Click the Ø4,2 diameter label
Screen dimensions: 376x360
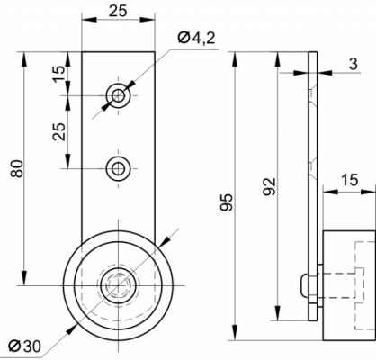coord(196,38)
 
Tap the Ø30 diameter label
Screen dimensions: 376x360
coord(24,346)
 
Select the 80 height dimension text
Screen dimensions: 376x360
coord(17,169)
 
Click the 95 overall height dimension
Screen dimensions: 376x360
coord(227,202)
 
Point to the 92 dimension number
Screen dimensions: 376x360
coord(269,186)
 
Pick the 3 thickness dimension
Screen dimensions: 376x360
coord(354,64)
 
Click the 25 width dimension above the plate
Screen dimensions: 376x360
coord(118,11)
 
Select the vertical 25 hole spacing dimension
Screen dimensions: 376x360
coord(59,131)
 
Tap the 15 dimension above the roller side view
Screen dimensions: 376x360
coord(350,180)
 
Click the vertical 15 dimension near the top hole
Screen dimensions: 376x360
coord(59,74)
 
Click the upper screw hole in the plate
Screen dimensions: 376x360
coord(119,96)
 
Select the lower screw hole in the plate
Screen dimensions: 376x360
coord(119,168)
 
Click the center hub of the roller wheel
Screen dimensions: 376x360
coord(119,285)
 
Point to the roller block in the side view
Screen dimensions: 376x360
coord(349,285)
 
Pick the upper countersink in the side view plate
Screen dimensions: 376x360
coord(312,95)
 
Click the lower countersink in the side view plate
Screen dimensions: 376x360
coord(312,168)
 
